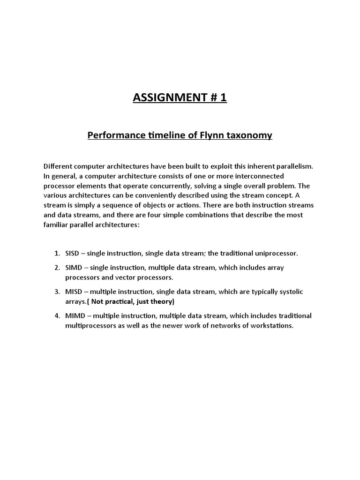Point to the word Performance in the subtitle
(117, 136)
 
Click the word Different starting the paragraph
(58, 166)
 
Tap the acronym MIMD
(74, 315)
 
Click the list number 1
(56, 253)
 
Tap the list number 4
(56, 315)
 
